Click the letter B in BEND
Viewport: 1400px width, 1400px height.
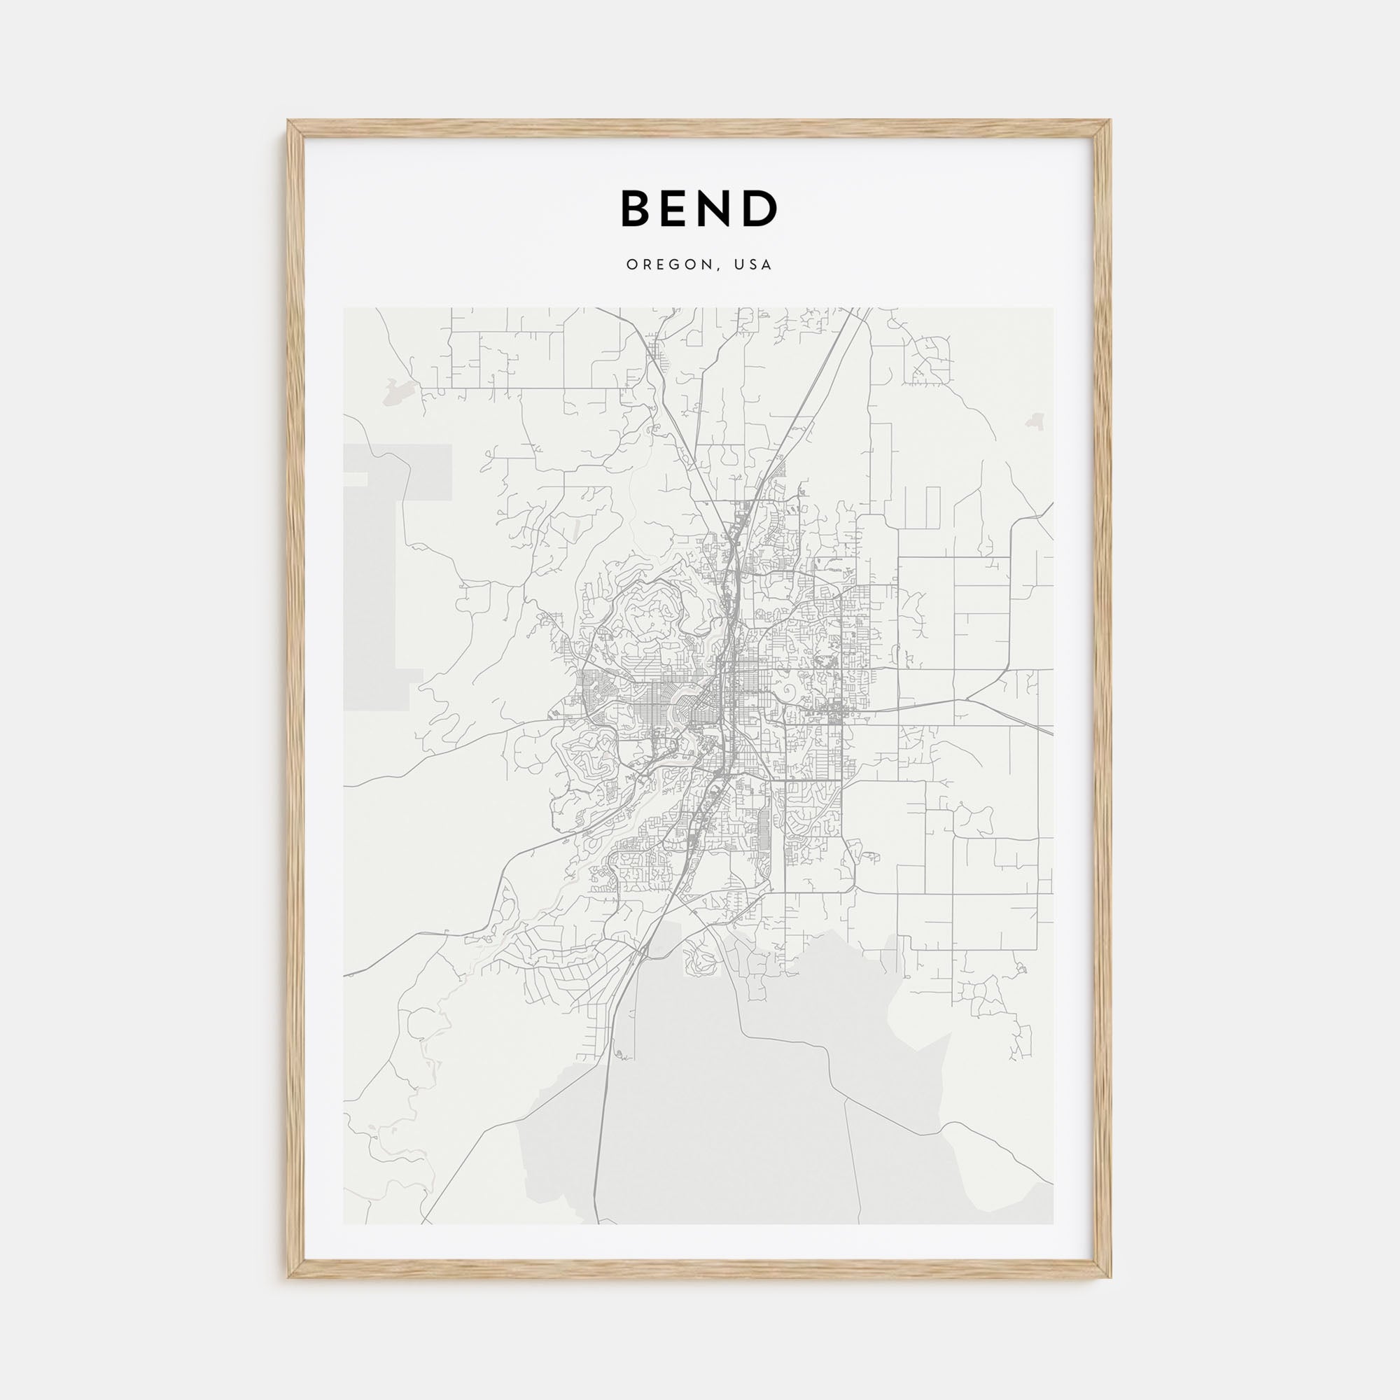636,209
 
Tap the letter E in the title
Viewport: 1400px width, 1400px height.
678,209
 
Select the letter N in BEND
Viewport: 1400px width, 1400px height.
720,209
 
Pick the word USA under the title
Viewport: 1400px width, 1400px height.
754,265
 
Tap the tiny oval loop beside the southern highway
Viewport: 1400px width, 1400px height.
619,1053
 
